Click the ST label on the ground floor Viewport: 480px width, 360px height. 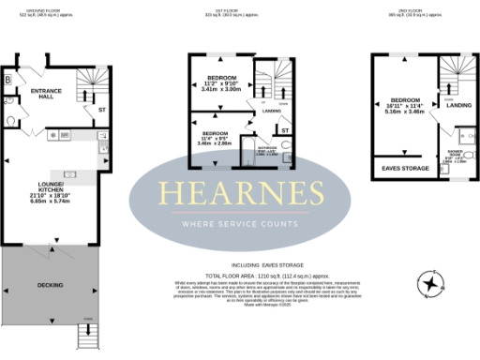tap(101, 110)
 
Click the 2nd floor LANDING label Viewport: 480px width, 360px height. tap(458, 105)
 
